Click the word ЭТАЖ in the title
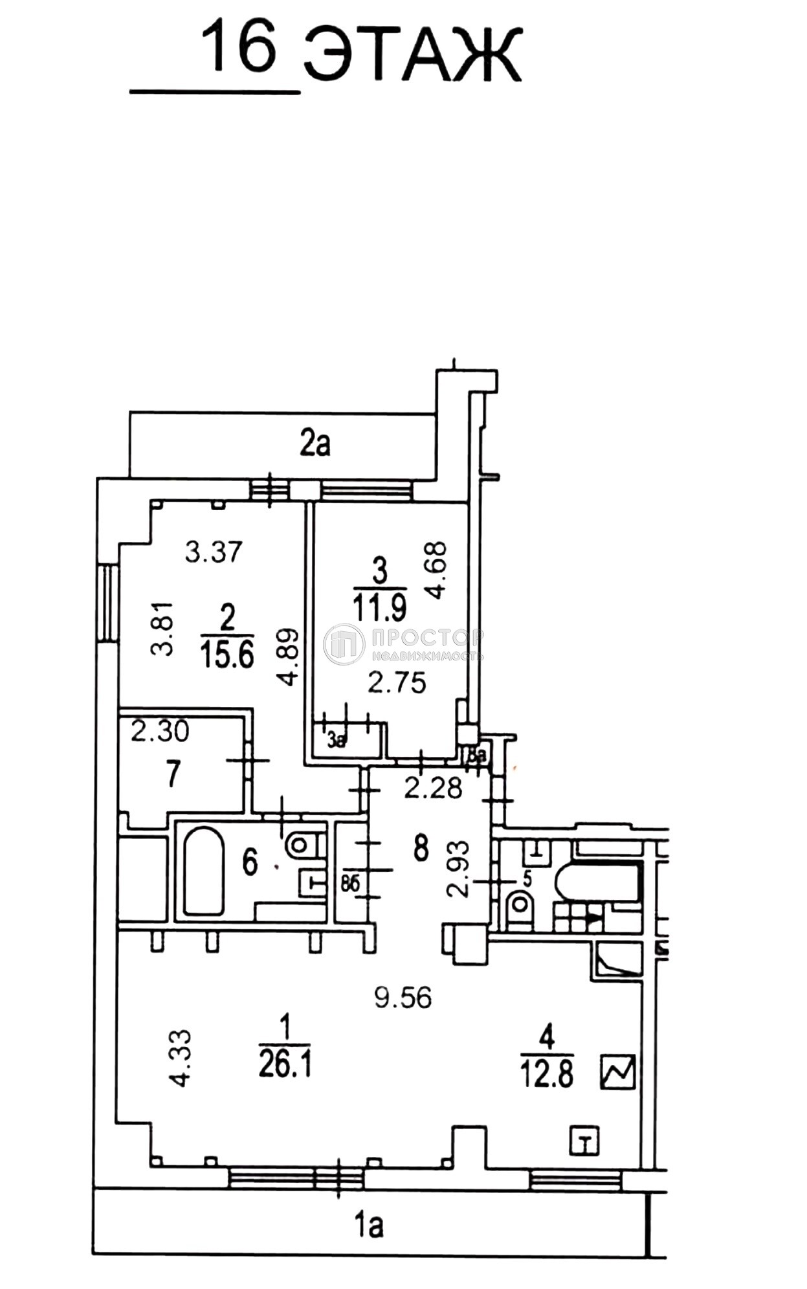coord(412,56)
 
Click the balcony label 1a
coord(370,1225)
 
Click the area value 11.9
coord(380,608)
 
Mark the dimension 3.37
coord(214,552)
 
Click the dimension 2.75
coord(397,683)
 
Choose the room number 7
coord(172,774)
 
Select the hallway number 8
coord(421,847)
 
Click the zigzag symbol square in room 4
coord(618,1071)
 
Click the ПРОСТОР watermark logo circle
coord(344,644)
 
